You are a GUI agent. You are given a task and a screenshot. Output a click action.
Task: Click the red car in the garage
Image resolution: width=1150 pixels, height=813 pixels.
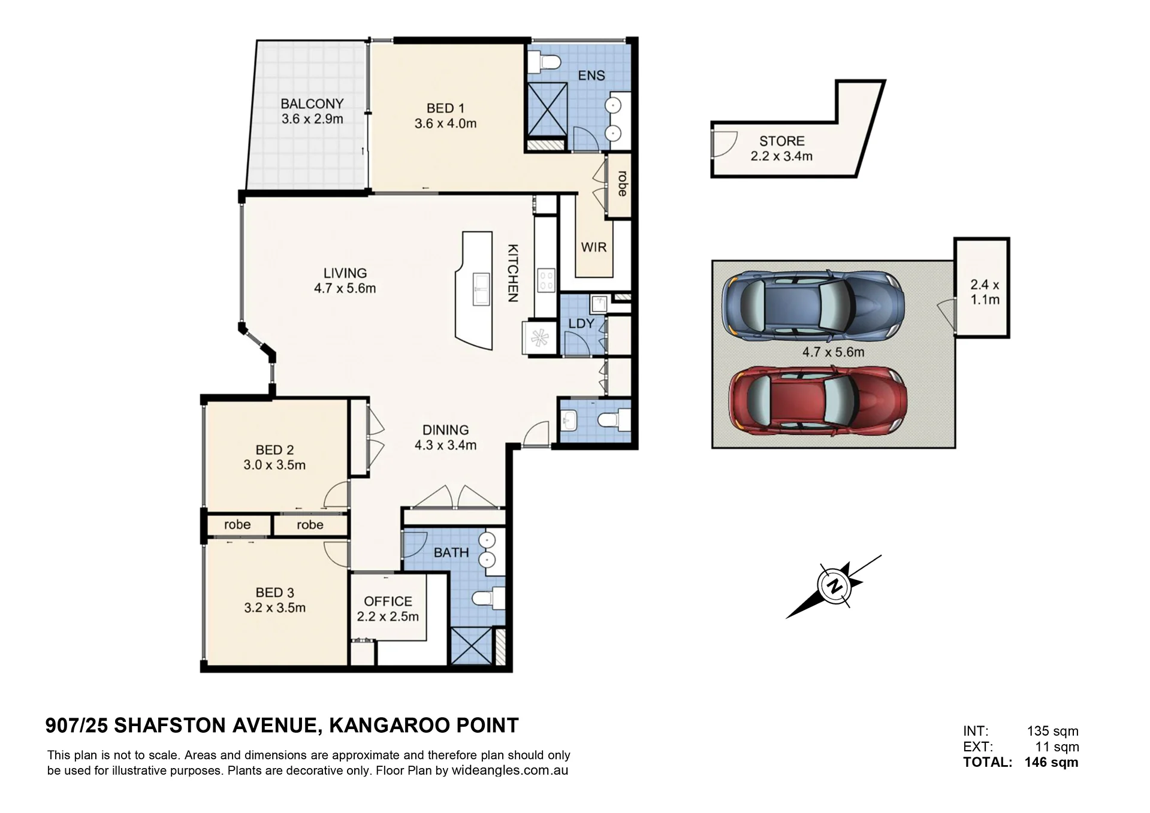pos(818,400)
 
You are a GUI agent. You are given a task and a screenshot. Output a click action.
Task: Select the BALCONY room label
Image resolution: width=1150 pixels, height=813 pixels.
pos(312,104)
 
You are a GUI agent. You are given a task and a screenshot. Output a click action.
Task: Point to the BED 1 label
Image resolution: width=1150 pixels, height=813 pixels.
pos(445,108)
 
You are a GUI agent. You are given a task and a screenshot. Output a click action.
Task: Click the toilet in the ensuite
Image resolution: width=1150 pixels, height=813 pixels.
pos(545,61)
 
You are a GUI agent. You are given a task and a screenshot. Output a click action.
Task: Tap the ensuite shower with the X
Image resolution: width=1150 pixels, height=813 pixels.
pos(546,110)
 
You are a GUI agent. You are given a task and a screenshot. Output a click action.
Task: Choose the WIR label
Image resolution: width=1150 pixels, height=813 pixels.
pos(594,247)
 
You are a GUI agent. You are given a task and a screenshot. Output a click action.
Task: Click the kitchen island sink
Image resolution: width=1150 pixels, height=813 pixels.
pos(481,289)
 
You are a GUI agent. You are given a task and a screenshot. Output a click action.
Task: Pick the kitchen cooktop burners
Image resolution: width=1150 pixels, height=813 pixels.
pos(547,280)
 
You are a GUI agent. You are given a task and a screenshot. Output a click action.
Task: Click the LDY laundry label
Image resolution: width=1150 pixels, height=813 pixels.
pos(581,324)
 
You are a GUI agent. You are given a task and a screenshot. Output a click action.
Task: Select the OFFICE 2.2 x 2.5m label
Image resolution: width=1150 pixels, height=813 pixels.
pos(388,609)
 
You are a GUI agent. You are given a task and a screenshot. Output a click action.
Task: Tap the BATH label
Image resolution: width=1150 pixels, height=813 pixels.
pos(451,552)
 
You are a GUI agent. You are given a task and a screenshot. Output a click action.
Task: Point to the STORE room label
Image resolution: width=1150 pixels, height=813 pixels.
pos(782,141)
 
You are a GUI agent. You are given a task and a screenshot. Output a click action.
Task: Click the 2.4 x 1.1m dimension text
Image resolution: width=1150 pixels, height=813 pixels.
pos(985,292)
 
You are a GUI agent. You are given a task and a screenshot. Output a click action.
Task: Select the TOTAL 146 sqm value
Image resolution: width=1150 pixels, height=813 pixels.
pos(1052,763)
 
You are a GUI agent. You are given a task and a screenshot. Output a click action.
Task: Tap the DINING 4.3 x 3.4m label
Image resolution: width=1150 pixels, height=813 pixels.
pos(445,437)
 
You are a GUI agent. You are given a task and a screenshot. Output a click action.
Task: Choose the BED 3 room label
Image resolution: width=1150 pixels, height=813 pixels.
pos(274,593)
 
